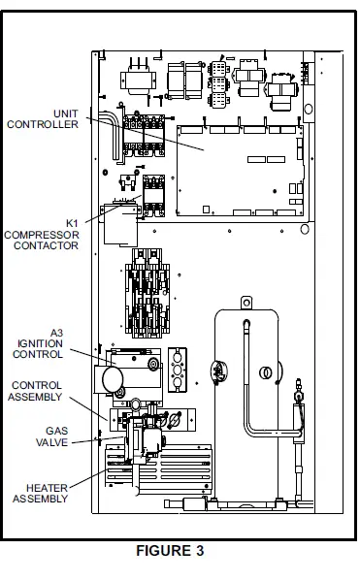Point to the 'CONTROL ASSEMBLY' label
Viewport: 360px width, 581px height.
pos(37,390)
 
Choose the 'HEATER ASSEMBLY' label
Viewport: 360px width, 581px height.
pos(40,492)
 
